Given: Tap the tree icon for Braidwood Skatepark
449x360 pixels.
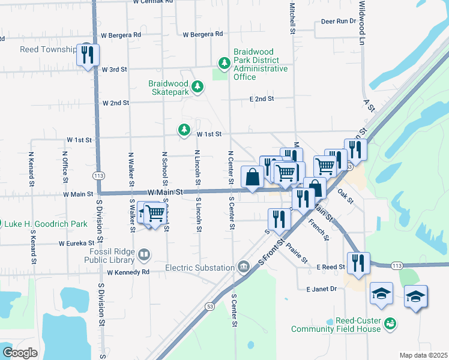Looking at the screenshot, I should pyautogui.click(x=197, y=88).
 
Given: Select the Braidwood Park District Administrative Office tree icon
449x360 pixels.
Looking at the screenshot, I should pyautogui.click(x=224, y=63).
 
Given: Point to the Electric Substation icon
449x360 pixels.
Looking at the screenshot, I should pyautogui.click(x=244, y=266).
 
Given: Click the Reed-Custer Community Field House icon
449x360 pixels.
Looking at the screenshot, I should pyautogui.click(x=390, y=324).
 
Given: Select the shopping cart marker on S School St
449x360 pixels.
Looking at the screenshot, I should pyautogui.click(x=155, y=213).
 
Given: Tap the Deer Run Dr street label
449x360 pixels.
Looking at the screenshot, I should pyautogui.click(x=339, y=21).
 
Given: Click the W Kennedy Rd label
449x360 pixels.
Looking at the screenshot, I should pyautogui.click(x=128, y=272).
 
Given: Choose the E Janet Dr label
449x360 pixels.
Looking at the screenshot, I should pyautogui.click(x=321, y=289).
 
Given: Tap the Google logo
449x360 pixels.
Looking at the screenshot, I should pyautogui.click(x=20, y=353).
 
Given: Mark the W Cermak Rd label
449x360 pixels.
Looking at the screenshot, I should pyautogui.click(x=153, y=2).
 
